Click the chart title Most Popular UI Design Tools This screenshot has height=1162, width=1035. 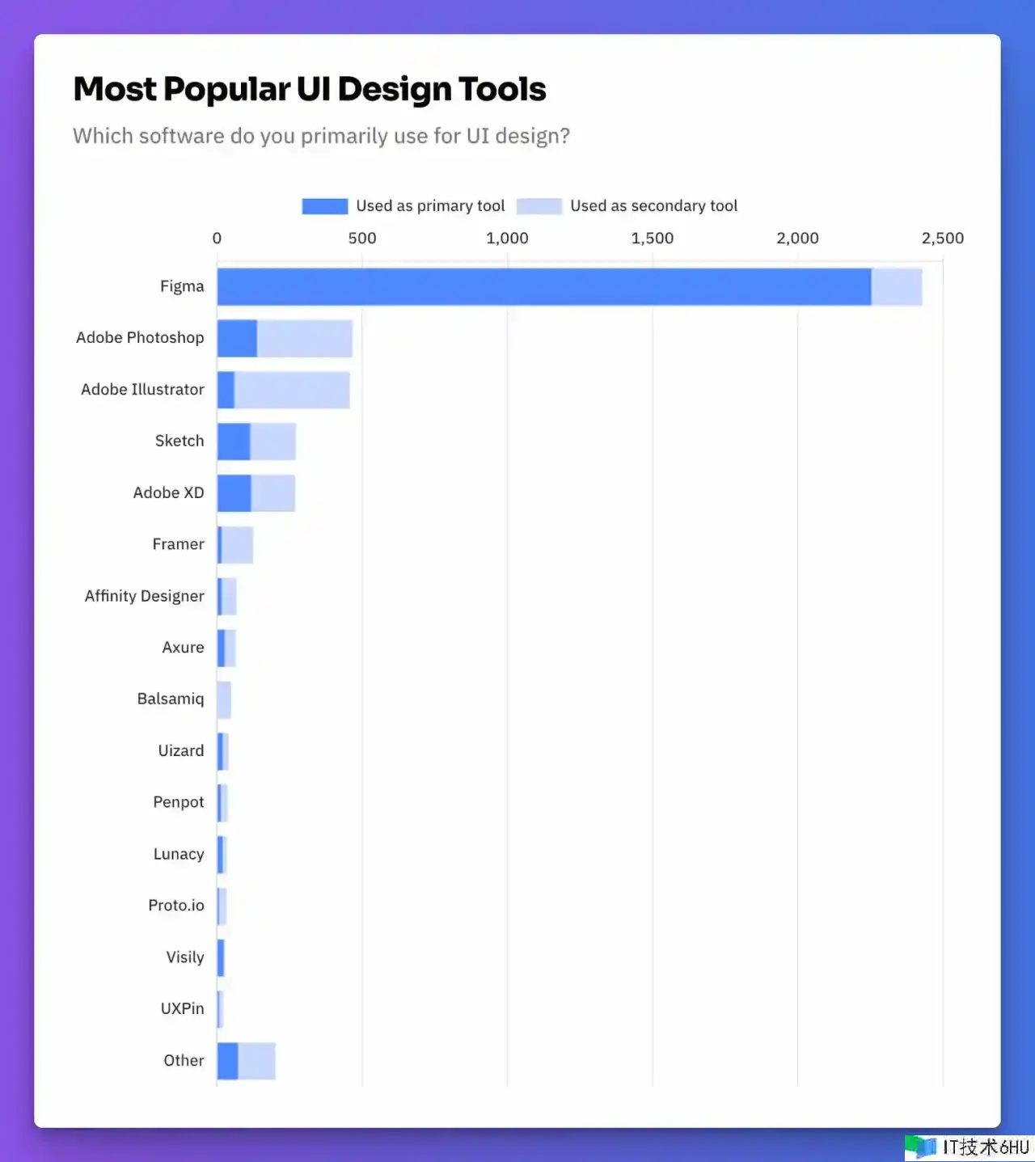pyautogui.click(x=310, y=89)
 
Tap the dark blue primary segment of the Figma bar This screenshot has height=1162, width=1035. pyautogui.click(x=543, y=286)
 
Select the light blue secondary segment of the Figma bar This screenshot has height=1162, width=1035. pyautogui.click(x=897, y=286)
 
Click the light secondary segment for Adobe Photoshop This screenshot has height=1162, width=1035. pyautogui.click(x=305, y=338)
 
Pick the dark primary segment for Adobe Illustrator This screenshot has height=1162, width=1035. pyautogui.click(x=226, y=390)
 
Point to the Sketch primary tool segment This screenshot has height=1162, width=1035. pyautogui.click(x=234, y=442)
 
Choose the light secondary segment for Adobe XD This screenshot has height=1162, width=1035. pyautogui.click(x=273, y=493)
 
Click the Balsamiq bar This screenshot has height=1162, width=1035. pyautogui.click(x=224, y=699)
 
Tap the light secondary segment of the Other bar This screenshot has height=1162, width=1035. pyautogui.click(x=257, y=1061)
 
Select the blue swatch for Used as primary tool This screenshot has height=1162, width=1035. pyautogui.click(x=325, y=206)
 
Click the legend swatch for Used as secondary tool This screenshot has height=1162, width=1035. pyautogui.click(x=539, y=206)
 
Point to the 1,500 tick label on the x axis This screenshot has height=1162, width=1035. pyautogui.click(x=652, y=238)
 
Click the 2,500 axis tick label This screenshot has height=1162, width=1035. pyautogui.click(x=942, y=238)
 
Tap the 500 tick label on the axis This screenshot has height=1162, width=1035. pyautogui.click(x=362, y=238)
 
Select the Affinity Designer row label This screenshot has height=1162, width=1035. pyautogui.click(x=145, y=596)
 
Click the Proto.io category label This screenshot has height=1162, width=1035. pyautogui.click(x=176, y=906)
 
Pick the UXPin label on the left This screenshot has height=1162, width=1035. pyautogui.click(x=182, y=1008)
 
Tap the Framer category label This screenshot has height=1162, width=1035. pyautogui.click(x=178, y=544)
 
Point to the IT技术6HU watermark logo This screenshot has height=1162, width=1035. pyautogui.click(x=968, y=1147)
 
